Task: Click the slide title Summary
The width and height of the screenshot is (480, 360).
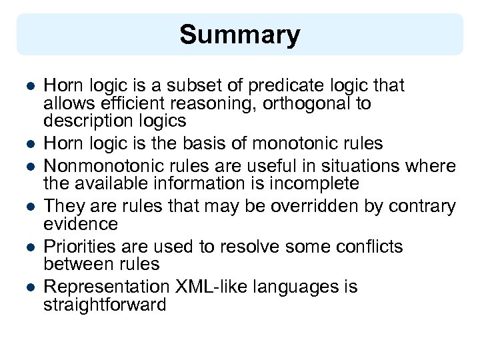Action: coord(239,35)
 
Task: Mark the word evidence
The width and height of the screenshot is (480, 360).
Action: coord(81,223)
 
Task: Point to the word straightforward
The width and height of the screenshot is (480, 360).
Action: coord(105,305)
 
